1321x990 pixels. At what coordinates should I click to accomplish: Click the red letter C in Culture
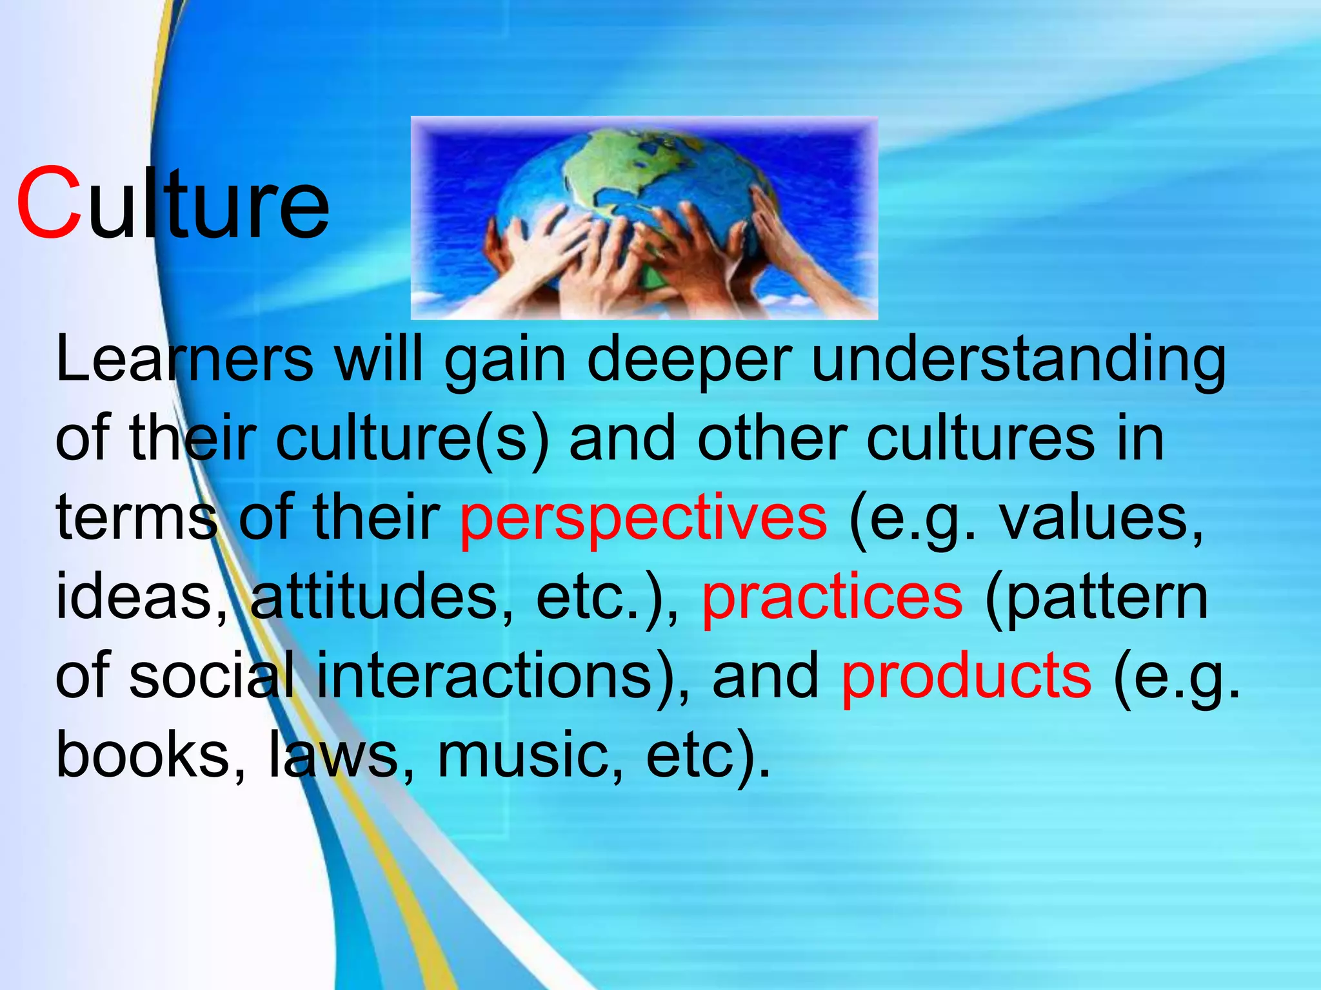coord(49,204)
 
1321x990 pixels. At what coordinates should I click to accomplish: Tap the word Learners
coord(184,359)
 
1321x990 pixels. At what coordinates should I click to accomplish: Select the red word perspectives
coord(642,519)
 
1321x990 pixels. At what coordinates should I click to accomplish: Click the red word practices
coord(832,598)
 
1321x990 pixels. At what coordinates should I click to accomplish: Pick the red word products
coord(966,676)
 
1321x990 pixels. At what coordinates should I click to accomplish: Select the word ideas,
coord(142,598)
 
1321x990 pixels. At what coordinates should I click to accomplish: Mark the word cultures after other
coord(980,440)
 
